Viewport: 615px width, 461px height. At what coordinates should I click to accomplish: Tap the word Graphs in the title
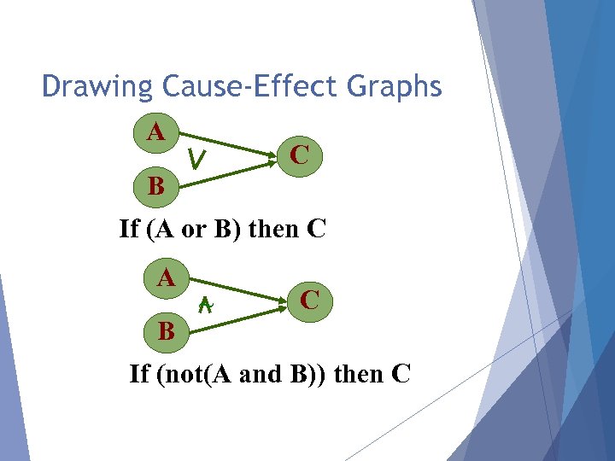click(x=401, y=87)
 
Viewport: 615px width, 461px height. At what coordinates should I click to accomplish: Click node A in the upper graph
click(x=155, y=132)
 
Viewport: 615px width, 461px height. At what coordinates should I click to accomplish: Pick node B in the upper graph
click(x=156, y=185)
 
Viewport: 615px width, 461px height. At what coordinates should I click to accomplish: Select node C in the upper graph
click(x=299, y=155)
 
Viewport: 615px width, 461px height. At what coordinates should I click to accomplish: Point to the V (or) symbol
click(x=198, y=158)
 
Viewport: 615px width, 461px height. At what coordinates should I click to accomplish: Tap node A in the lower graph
click(x=166, y=277)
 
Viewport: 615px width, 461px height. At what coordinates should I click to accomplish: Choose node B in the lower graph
click(x=166, y=330)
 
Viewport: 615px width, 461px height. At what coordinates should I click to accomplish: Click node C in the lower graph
click(x=310, y=300)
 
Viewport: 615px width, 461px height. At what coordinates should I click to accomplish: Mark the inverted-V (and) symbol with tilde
click(x=205, y=304)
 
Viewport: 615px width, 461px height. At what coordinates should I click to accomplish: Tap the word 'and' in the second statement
click(x=261, y=374)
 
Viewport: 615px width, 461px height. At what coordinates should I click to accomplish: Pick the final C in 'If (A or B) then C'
click(x=314, y=230)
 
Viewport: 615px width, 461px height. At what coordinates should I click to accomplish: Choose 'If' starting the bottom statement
click(x=139, y=374)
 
